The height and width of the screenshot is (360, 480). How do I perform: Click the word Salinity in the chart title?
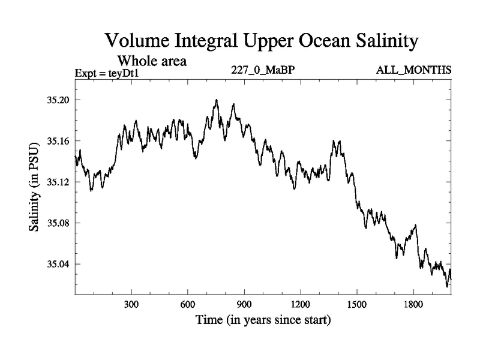377,41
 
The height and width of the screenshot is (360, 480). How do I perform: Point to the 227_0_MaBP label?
263,70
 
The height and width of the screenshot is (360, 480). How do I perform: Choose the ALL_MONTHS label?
413,70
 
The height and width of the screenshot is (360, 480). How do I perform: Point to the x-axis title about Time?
263,320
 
